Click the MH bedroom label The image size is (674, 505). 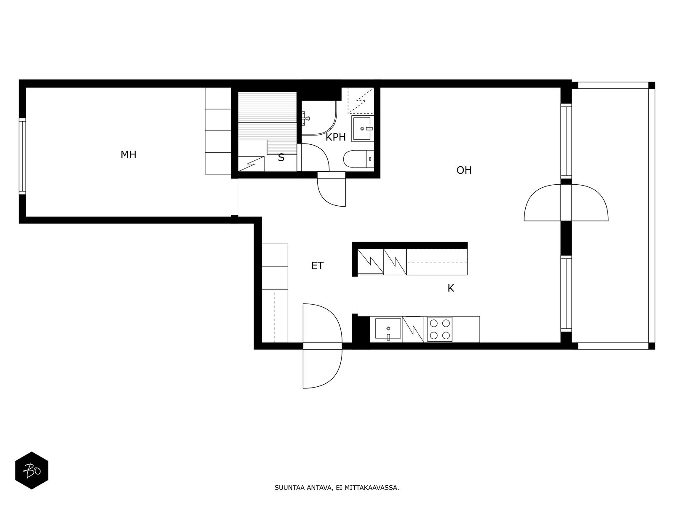[x=128, y=155]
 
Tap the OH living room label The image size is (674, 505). [x=464, y=170]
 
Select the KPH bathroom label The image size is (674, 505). [x=336, y=137]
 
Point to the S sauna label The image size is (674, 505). [x=281, y=157]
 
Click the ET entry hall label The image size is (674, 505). [x=317, y=266]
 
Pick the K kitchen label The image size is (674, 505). [x=450, y=288]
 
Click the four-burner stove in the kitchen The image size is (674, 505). [x=439, y=330]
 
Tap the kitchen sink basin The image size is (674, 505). [x=388, y=328]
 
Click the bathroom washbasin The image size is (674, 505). [x=363, y=128]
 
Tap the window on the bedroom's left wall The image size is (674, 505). [x=22, y=157]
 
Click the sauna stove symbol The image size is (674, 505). [x=251, y=164]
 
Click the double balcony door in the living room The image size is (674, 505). [x=566, y=203]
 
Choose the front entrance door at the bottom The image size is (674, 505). [x=322, y=346]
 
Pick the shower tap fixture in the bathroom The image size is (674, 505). [x=305, y=119]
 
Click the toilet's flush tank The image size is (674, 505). [x=370, y=159]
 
